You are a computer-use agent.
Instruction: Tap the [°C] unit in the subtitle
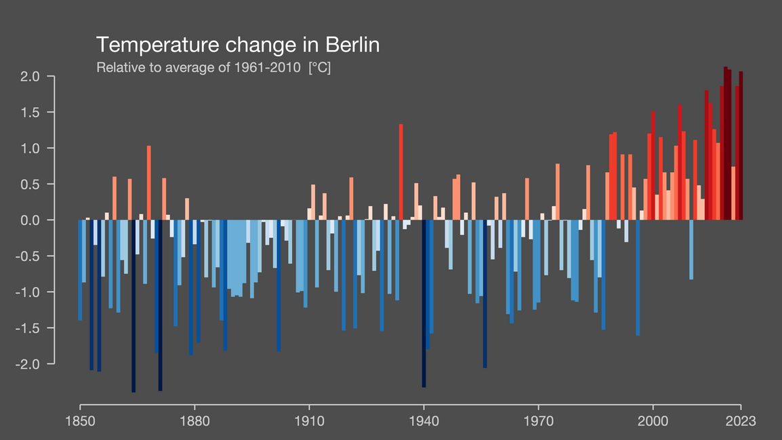pyautogui.click(x=319, y=68)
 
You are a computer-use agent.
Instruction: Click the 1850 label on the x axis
pyautogui.click(x=80, y=420)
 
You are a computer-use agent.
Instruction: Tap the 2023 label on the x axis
pyautogui.click(x=741, y=420)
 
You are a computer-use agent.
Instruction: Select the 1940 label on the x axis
pyautogui.click(x=424, y=420)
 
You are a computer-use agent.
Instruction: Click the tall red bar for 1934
pyautogui.click(x=401, y=172)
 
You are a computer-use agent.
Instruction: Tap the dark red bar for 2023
pyautogui.click(x=741, y=146)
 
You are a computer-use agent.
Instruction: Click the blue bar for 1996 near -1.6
pyautogui.click(x=638, y=277)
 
